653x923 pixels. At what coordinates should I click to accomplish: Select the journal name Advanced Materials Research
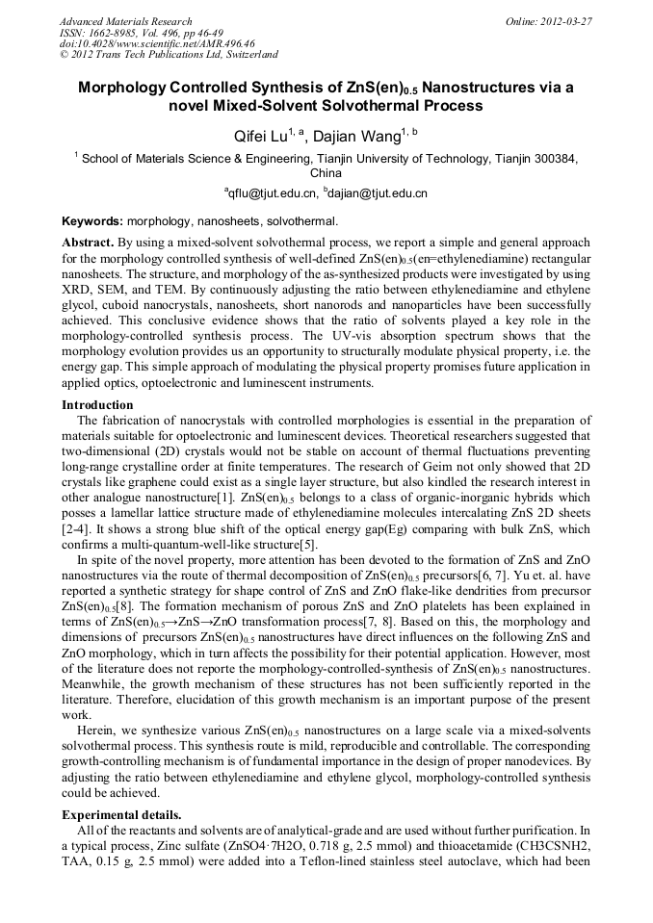(125, 21)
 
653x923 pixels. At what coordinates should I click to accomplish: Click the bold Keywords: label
(92, 221)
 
